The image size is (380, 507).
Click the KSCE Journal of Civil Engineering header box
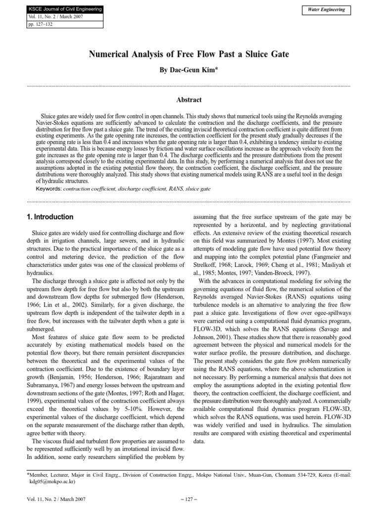click(x=59, y=9)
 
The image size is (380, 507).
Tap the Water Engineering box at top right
click(x=326, y=10)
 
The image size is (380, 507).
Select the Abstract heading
click(x=189, y=100)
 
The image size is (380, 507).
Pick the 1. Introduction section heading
click(x=49, y=217)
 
